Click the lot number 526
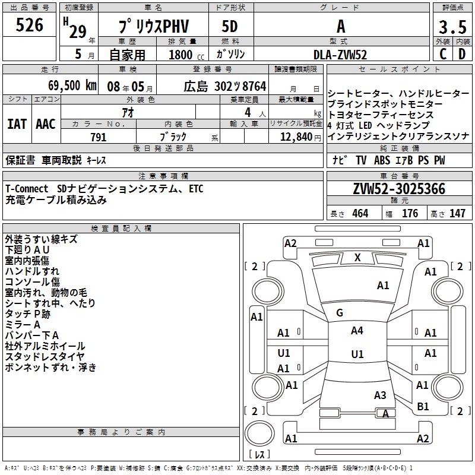(x=30, y=25)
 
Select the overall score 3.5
(x=452, y=28)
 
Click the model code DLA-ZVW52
(x=340, y=55)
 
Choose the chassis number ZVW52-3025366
(x=398, y=189)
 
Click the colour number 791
(x=98, y=137)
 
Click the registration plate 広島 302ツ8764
(x=225, y=85)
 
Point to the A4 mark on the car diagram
(x=357, y=331)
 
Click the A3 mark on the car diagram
(x=380, y=395)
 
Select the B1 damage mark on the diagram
(x=423, y=407)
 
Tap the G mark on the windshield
(x=340, y=313)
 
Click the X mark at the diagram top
(x=357, y=258)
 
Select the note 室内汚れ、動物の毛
(x=46, y=292)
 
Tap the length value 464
(x=359, y=213)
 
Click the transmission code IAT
(x=17, y=124)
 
